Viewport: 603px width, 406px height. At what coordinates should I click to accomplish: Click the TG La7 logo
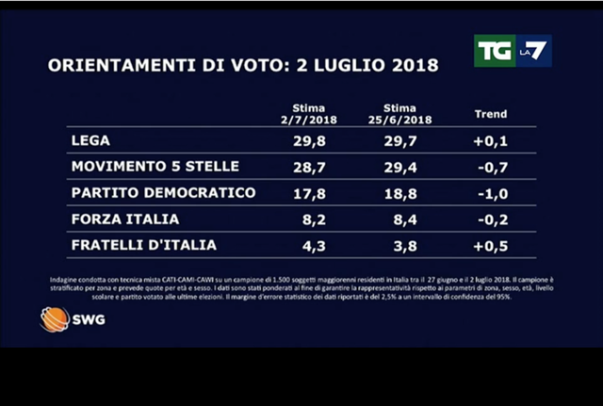511,51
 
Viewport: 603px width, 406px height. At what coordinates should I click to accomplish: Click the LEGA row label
91,141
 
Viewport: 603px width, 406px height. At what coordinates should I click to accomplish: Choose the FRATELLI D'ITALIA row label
143,245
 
